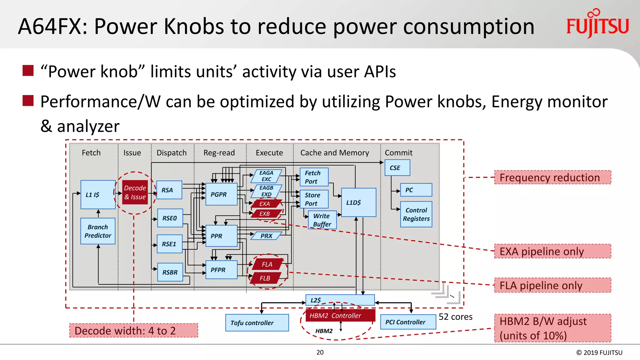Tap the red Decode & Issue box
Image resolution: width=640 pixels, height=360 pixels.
point(135,192)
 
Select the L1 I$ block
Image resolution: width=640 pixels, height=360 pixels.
point(98,194)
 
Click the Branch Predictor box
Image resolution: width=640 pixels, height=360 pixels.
point(98,231)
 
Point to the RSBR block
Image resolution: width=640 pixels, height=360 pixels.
point(170,272)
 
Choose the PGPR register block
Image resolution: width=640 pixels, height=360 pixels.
point(221,194)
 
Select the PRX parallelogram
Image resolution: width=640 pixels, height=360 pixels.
point(267,236)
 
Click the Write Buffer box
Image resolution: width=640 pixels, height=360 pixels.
point(322,220)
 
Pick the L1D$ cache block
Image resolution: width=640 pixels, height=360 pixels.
point(358,202)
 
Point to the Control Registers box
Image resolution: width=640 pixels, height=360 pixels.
point(416,214)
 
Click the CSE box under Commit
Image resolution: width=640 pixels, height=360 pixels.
point(397,168)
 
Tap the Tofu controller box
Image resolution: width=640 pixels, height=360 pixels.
point(257,323)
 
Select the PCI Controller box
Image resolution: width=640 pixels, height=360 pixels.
point(408,322)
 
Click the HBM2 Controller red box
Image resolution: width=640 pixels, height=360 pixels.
point(340,316)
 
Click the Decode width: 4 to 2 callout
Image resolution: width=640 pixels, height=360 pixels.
point(133,331)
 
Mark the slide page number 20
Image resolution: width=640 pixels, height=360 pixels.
point(320,352)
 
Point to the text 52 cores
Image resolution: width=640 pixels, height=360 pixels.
point(455,317)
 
